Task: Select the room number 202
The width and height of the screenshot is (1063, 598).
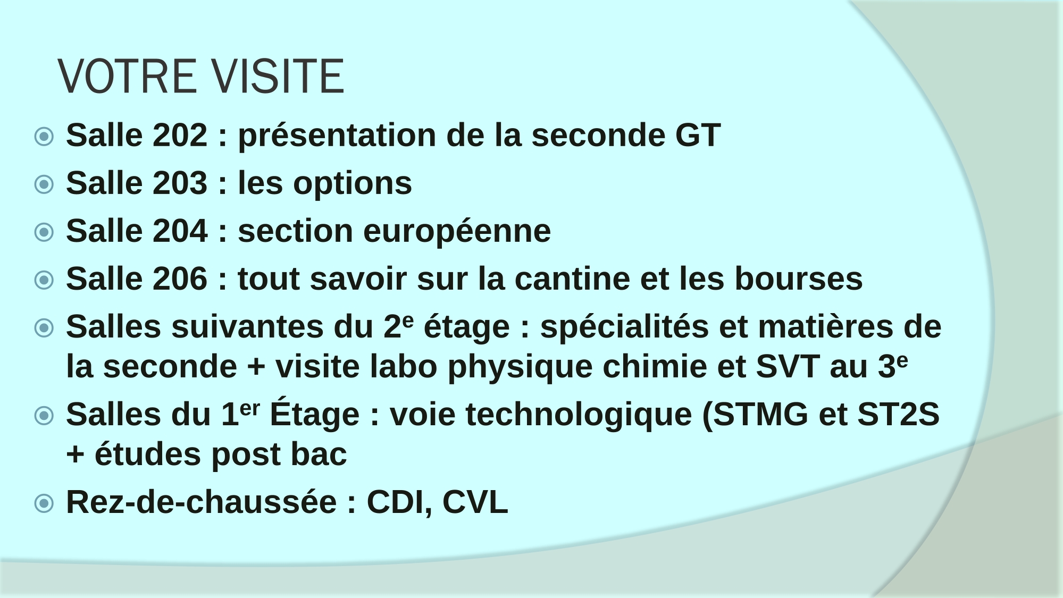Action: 180,135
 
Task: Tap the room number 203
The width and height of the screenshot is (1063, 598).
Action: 180,183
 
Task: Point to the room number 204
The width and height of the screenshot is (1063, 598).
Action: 180,231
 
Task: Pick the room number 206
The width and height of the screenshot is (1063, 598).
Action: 180,279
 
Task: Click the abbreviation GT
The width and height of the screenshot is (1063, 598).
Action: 698,135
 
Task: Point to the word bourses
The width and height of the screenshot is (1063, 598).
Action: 799,279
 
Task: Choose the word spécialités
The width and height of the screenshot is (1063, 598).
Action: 624,327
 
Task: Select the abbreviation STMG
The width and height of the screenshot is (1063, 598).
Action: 760,415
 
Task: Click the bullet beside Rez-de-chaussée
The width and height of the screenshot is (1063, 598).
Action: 44,503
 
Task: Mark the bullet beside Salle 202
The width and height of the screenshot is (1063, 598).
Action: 44,137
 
